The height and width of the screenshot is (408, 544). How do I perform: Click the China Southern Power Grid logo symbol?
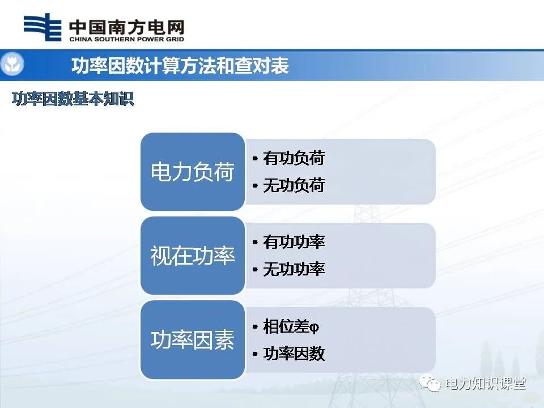coord(42,27)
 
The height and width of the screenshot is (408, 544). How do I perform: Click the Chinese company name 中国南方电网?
coord(126,27)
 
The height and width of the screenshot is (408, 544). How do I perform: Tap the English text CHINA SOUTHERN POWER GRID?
coord(126,39)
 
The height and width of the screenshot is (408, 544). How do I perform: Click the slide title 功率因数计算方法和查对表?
coord(180,66)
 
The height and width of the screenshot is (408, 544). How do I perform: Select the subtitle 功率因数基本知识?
coord(73,99)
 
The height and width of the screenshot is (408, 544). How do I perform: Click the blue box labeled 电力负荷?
coord(193,172)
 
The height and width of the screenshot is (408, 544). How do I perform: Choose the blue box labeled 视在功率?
coord(193,256)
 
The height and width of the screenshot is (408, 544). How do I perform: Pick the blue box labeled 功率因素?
coord(193,340)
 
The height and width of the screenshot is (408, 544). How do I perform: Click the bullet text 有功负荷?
coord(294,158)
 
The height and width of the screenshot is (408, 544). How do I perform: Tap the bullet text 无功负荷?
coord(294,185)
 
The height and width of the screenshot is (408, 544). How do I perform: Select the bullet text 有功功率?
coord(294,242)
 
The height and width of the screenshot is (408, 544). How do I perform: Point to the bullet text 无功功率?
coord(294,269)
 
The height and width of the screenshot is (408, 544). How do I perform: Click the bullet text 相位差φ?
coord(291,326)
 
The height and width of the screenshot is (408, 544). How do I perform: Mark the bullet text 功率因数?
coord(294,354)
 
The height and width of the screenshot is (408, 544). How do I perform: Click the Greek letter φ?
coord(316,328)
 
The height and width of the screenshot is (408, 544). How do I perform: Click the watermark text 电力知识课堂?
coord(486,384)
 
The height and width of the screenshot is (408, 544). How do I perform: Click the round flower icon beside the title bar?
coord(12,65)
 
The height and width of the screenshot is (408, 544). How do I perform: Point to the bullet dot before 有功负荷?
coord(256,159)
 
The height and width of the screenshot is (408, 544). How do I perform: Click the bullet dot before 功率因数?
coord(256,354)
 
